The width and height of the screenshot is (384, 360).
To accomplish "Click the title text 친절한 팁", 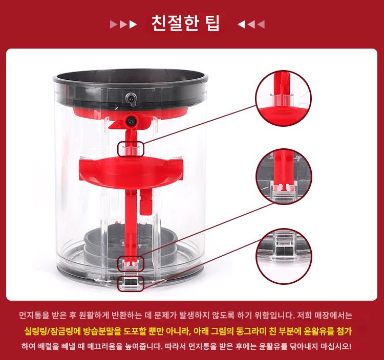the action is pos(186,23).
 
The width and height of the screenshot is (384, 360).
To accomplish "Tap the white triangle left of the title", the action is pos(133,25).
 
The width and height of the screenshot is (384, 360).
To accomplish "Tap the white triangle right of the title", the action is pos(242,25).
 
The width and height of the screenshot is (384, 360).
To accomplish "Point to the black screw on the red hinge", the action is pos(131,121).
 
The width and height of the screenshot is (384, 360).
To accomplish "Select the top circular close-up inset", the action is pos(284,99).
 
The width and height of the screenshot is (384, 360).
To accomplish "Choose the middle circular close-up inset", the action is pos(284,176).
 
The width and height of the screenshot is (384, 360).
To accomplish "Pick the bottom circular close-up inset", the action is pos(284,256).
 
